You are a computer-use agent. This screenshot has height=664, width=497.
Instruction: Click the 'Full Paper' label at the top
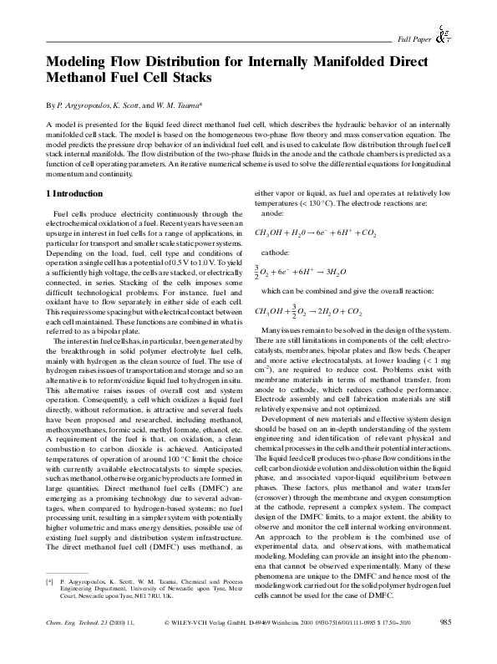[413, 39]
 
